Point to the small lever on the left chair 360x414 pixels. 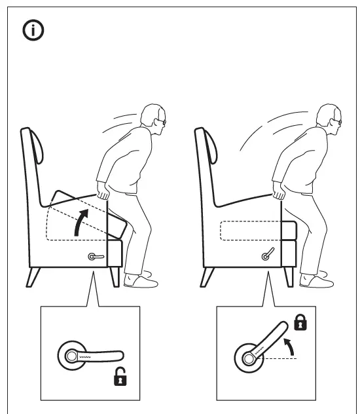click(x=96, y=257)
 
